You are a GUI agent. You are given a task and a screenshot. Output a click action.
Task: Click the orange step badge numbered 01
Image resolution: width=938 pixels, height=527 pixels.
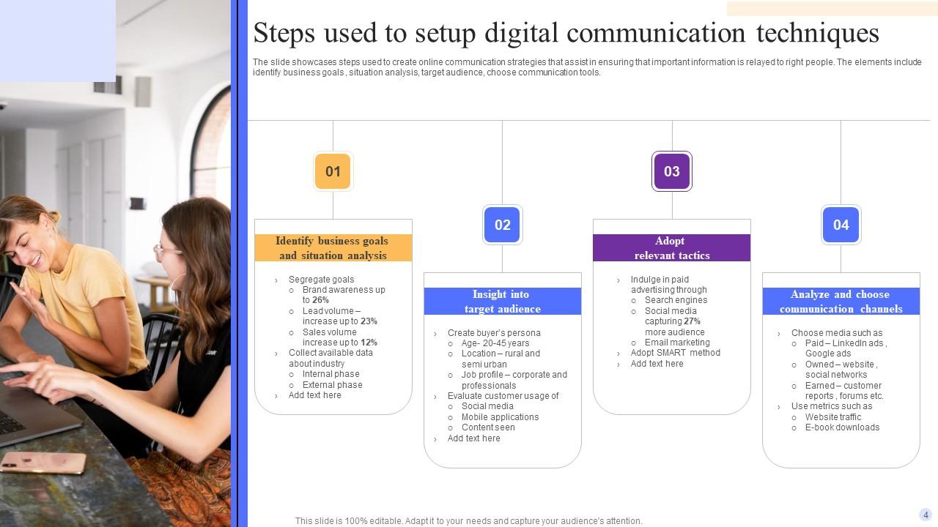333,171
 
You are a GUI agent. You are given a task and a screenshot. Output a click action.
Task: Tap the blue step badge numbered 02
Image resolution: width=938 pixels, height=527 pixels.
502,225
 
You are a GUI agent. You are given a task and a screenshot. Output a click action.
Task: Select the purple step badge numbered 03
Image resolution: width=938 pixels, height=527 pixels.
671,171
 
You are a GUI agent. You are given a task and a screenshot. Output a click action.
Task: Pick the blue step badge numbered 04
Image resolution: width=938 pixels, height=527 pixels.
841,225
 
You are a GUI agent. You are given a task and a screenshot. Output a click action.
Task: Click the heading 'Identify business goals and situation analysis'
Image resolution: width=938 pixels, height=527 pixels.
333,248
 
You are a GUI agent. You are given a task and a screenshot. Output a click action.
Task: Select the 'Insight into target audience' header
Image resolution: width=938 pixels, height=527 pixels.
502,302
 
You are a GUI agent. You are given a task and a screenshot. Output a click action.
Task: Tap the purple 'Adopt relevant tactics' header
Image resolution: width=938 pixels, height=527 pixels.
671,248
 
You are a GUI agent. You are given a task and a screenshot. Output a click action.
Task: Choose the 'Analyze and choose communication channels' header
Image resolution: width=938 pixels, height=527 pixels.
841,302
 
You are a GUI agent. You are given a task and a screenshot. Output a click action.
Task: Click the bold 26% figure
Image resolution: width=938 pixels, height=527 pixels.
320,300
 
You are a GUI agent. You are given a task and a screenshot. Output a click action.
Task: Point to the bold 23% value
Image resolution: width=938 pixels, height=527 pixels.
369,321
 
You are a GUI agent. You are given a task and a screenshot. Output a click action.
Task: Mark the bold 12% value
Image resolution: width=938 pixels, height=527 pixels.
369,343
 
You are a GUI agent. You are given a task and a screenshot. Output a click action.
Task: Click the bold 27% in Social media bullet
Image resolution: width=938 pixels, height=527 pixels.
692,321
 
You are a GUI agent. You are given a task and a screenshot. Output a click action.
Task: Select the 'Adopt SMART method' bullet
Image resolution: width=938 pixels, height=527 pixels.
675,353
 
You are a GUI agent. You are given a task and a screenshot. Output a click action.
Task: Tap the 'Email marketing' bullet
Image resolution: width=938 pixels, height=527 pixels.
677,343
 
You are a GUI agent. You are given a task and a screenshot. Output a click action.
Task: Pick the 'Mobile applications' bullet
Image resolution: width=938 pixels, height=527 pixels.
500,417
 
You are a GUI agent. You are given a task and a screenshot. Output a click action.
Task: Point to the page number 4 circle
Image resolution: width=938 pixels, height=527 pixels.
926,515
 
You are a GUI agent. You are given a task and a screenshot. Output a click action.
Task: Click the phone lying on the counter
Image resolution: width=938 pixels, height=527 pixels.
43,462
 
